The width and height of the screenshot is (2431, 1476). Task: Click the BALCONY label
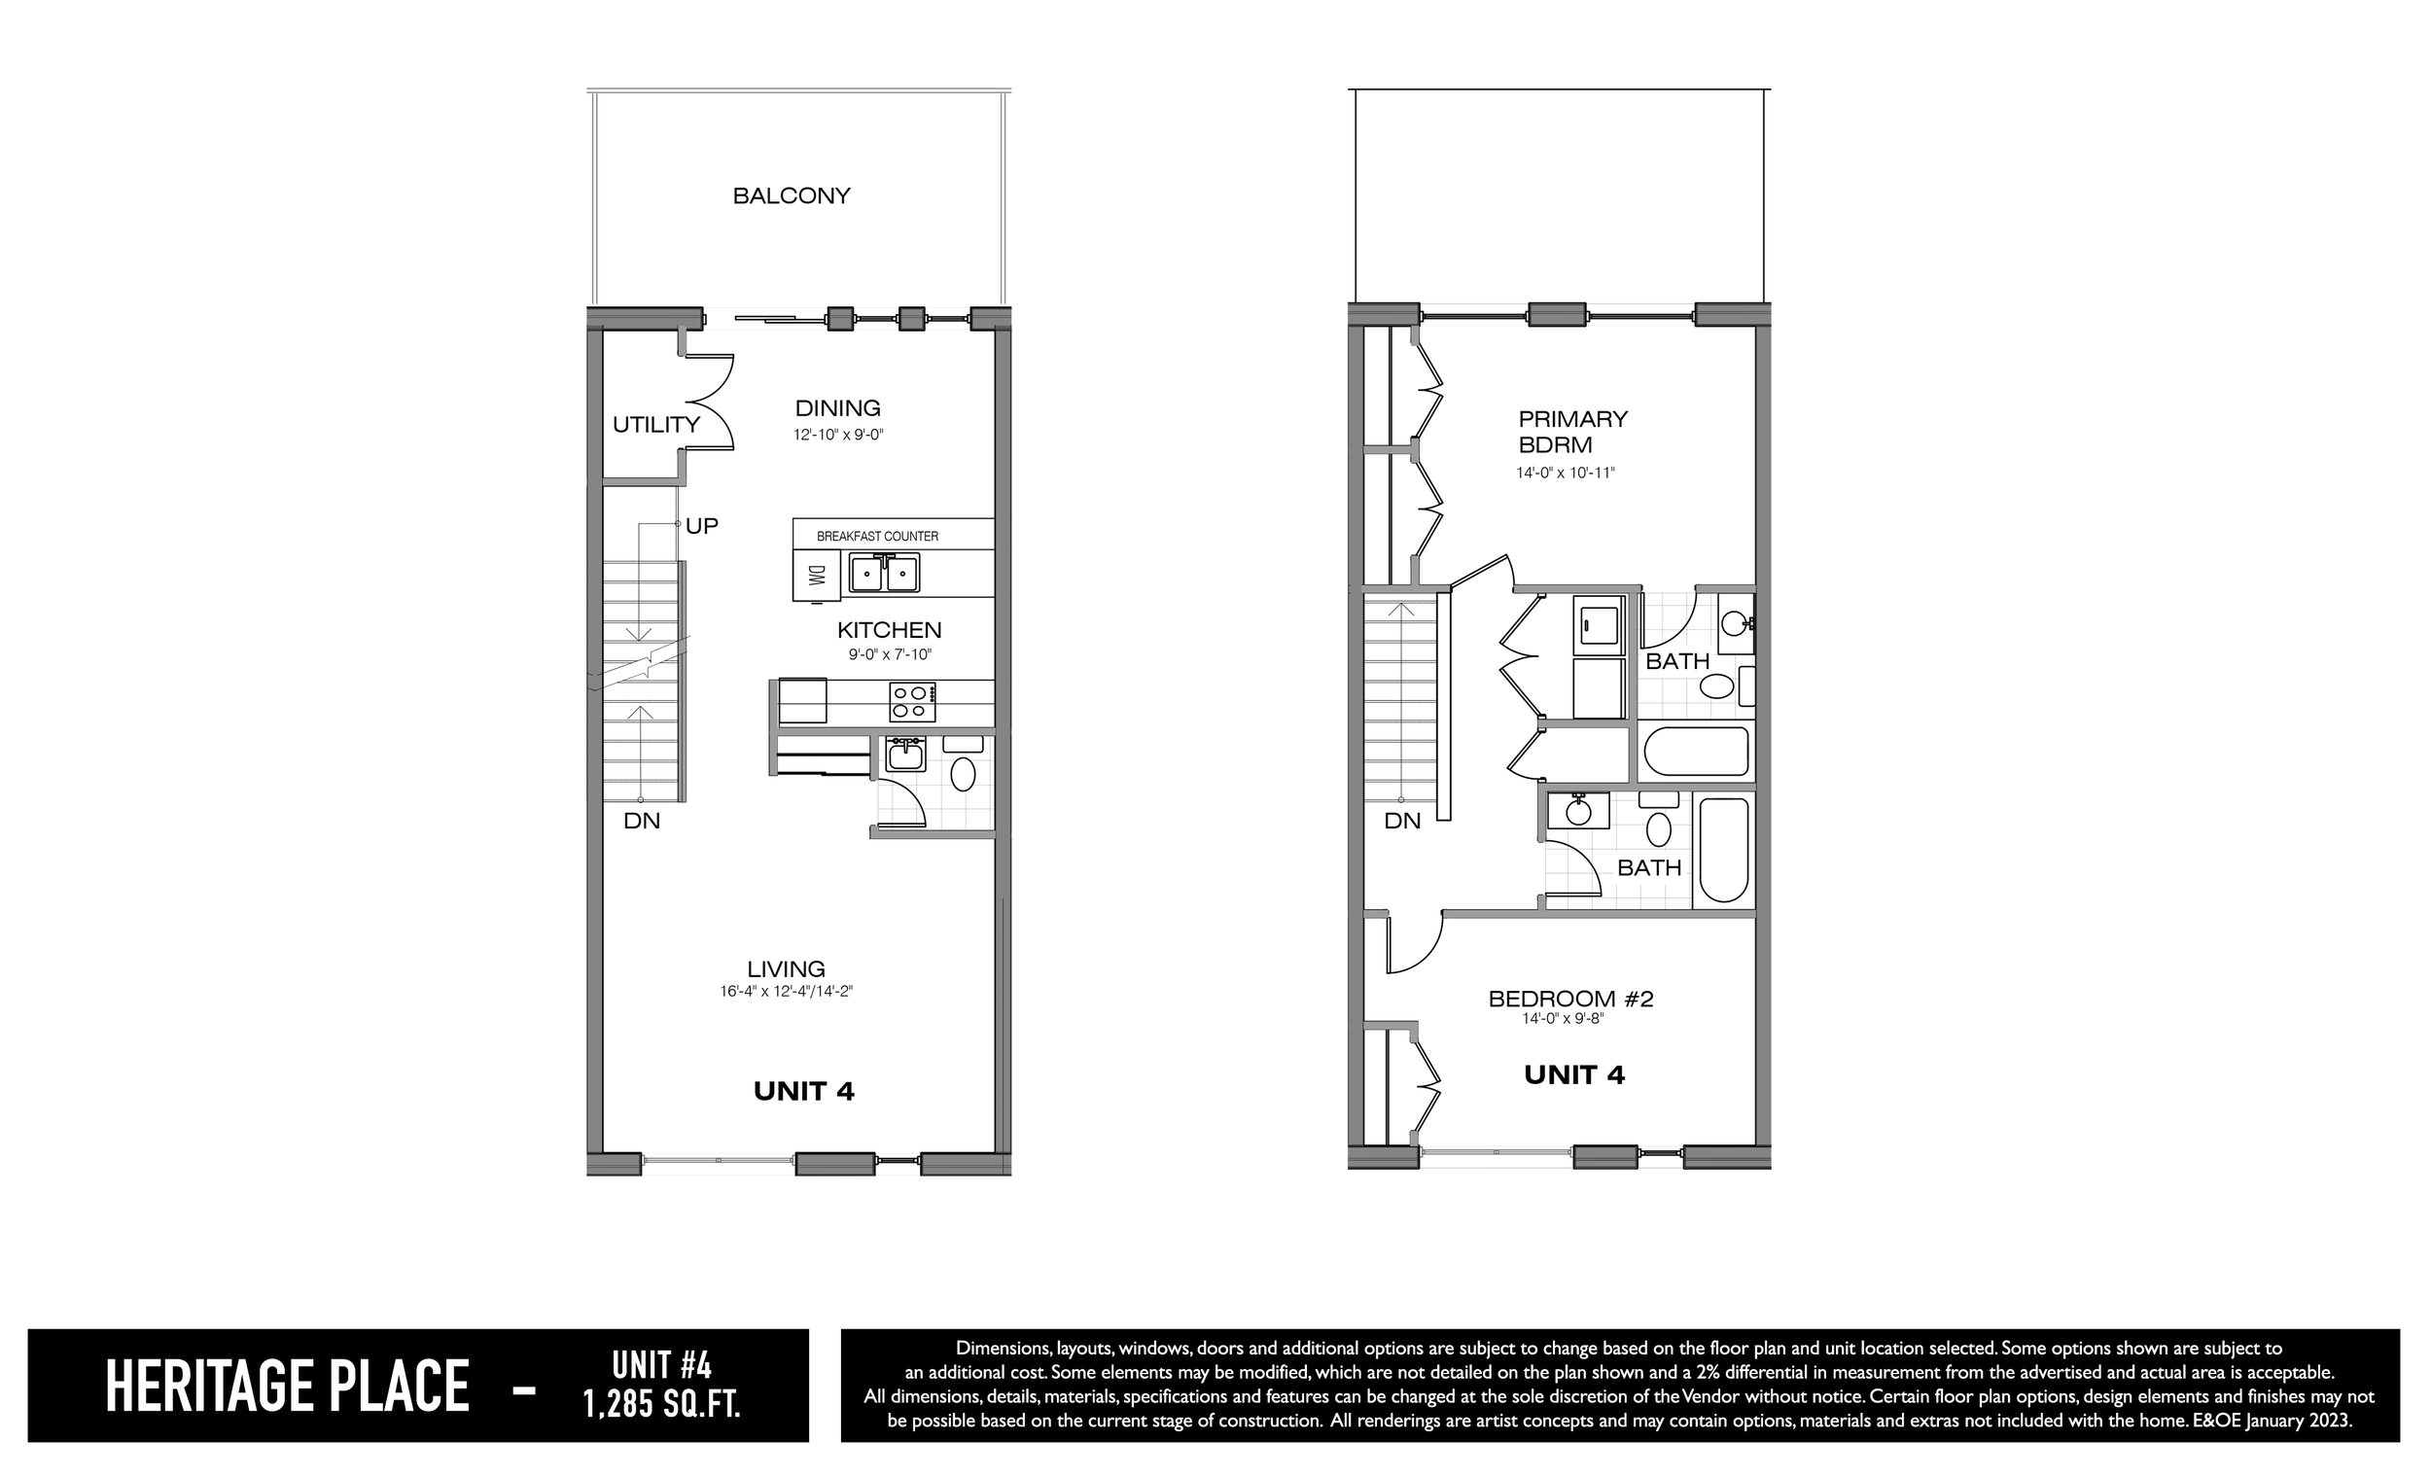792,195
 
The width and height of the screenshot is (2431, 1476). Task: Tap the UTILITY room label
656,424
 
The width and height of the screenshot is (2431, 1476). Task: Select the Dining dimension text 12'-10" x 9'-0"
838,434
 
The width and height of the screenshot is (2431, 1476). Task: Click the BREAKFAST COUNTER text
877,537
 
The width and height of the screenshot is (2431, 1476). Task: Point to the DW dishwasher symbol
816,575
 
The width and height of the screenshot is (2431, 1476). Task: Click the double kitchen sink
885,573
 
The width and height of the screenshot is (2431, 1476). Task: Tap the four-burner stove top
913,702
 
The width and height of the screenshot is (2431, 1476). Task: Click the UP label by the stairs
701,526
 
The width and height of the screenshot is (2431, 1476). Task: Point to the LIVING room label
787,968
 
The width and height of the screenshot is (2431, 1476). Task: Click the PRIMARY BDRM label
1572,432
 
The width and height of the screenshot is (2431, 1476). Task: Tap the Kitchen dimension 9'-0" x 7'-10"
890,654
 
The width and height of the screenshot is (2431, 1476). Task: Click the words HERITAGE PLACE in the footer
287,1387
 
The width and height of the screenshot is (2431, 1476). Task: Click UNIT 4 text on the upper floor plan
1574,1074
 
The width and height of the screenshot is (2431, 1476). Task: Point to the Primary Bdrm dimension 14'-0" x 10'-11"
1566,473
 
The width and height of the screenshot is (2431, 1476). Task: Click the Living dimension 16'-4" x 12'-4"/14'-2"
787,992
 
